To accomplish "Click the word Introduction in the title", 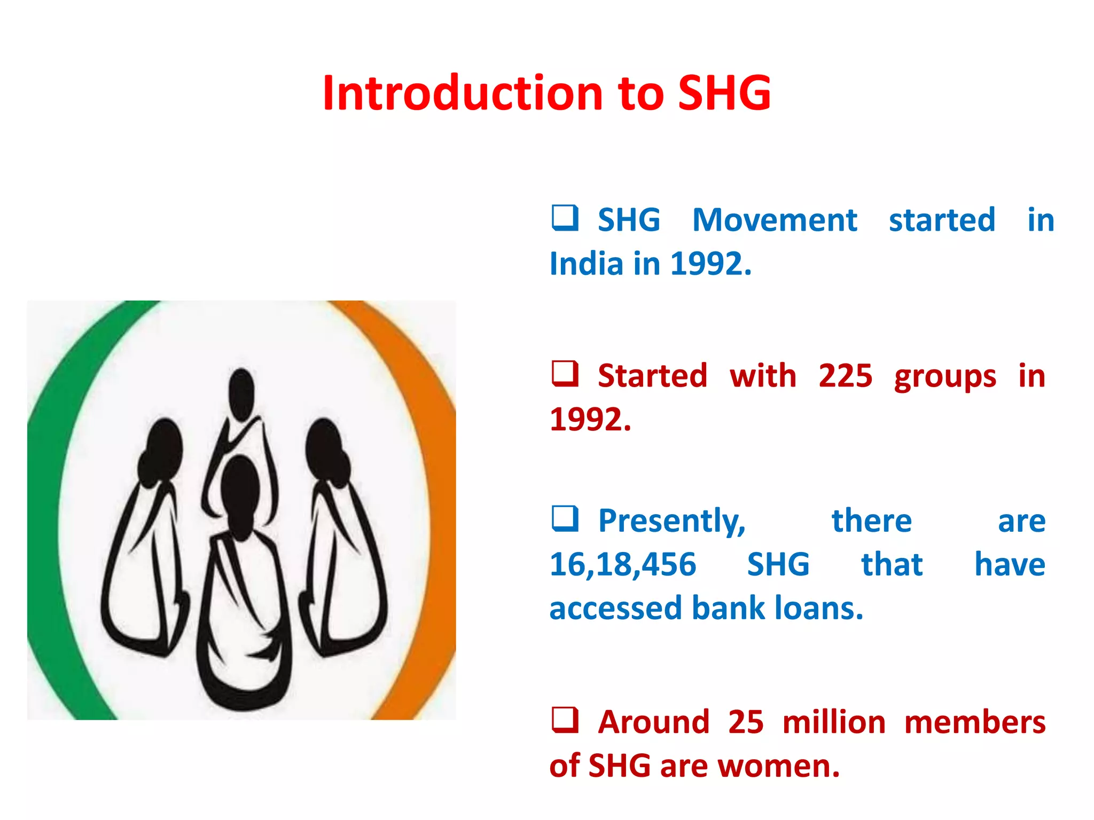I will click(463, 93).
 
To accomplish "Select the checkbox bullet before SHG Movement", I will click(565, 218).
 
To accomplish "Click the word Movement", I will click(774, 220).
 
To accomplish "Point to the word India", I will click(586, 264).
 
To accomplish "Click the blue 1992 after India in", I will click(709, 264).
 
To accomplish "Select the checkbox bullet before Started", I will click(565, 374).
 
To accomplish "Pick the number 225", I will click(845, 376).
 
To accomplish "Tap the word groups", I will click(945, 377).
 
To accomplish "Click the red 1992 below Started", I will click(590, 420).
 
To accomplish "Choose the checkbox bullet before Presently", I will click(565, 519).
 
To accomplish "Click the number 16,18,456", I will click(623, 564).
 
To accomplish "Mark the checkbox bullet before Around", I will click(565, 720).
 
